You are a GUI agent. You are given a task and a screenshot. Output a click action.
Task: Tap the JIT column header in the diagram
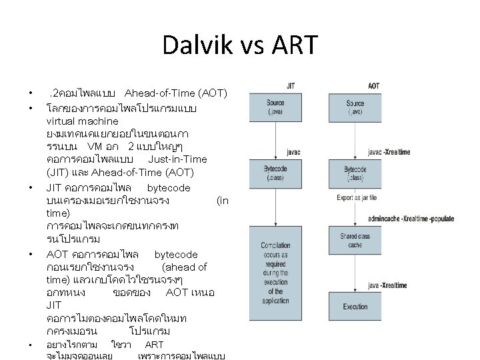pos(291,85)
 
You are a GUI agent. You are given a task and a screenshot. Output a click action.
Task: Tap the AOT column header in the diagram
pos(373,85)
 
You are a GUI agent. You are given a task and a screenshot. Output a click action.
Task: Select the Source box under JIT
pos(275,107)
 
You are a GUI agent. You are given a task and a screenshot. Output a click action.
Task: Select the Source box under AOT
pos(355,107)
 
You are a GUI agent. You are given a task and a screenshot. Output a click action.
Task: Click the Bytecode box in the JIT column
pos(275,174)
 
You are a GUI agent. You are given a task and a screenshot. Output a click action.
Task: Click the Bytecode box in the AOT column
pos(355,174)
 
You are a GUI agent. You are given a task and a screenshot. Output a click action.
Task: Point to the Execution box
pos(355,307)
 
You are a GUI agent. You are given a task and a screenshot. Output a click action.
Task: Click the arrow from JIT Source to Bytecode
pos(275,140)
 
